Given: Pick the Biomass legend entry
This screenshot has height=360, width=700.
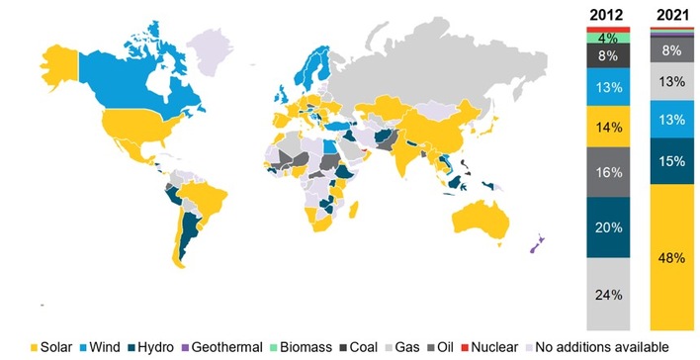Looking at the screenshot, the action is pos(306,347).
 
